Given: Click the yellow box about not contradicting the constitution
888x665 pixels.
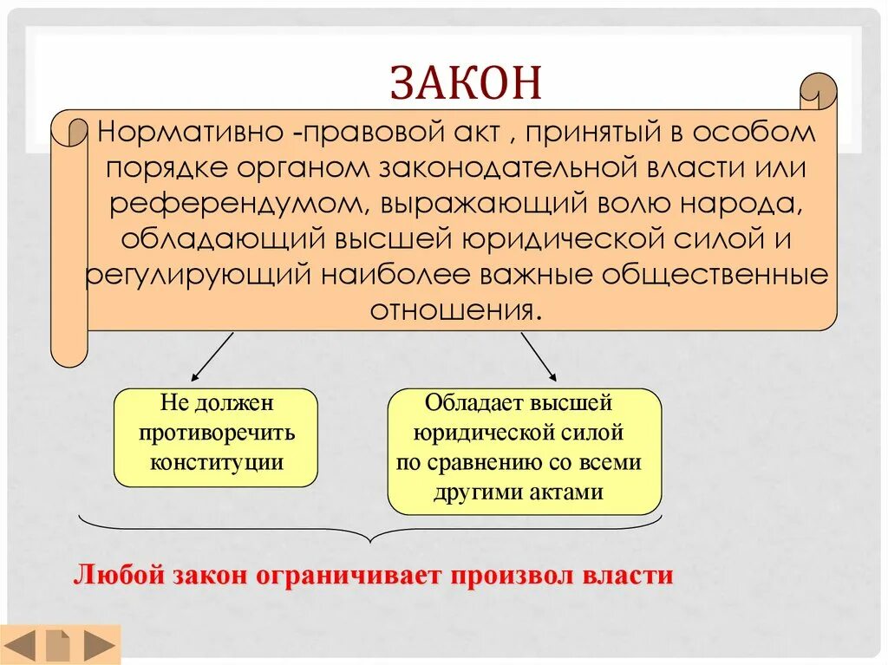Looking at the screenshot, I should [216, 437].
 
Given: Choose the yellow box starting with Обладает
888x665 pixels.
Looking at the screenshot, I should [524, 451].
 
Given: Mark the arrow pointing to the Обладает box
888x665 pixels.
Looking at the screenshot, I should [539, 358].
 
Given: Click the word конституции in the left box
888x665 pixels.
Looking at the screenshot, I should [216, 462].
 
